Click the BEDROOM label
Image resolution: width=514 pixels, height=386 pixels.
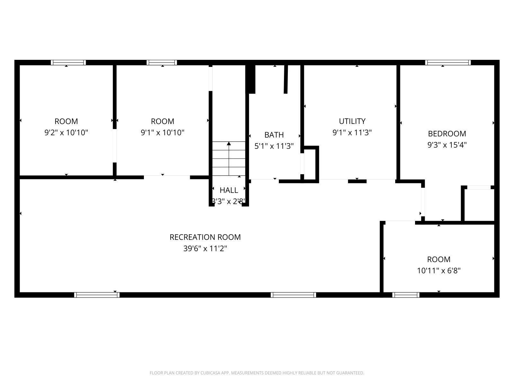(447, 133)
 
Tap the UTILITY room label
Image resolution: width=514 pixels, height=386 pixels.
(352, 121)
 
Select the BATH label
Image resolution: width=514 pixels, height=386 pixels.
(274, 135)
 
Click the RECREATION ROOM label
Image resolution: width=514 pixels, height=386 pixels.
(205, 237)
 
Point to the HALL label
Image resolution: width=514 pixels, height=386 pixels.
(229, 190)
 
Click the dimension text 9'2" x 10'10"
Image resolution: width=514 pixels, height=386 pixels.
(66, 133)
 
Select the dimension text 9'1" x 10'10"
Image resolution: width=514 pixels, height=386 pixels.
(163, 133)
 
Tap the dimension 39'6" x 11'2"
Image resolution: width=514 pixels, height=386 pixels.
(205, 248)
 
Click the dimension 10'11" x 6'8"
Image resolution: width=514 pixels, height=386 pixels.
(439, 271)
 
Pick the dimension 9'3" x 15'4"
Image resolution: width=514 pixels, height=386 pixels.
(447, 145)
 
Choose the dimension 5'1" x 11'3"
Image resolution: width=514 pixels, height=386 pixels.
(274, 146)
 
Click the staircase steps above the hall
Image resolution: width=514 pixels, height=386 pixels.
(229, 159)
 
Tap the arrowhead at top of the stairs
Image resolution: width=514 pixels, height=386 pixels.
(229, 143)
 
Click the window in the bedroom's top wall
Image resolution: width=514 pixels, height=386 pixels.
(448, 63)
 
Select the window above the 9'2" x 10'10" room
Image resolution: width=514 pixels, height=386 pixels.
(68, 63)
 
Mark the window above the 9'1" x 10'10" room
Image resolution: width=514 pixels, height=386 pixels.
(162, 63)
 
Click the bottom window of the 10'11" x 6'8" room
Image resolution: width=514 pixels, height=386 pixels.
(406, 295)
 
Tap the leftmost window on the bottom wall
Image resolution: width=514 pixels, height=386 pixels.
(97, 295)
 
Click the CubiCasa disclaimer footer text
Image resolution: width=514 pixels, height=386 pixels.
(257, 373)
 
